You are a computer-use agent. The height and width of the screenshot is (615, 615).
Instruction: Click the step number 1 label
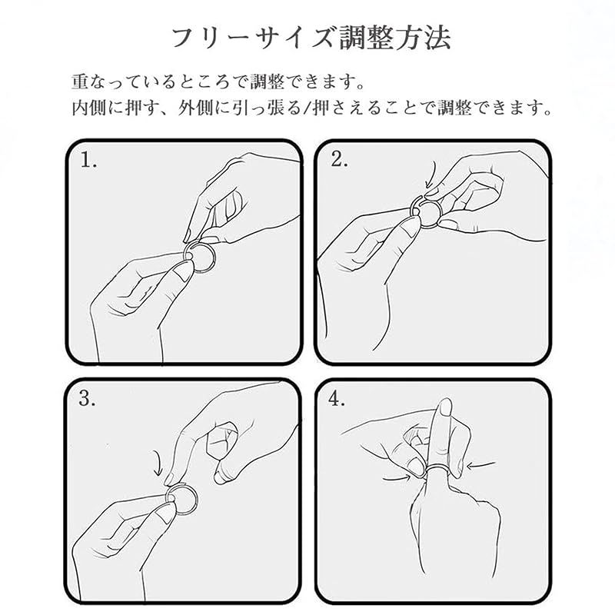coord(88,160)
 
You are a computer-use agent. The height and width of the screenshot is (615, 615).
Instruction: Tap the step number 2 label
coord(339,159)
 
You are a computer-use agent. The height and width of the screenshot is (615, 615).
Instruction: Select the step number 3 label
coord(87,398)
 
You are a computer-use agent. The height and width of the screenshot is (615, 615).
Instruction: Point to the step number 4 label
coord(337,398)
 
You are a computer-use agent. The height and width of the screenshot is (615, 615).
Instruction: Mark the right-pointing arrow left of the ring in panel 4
coord(396,478)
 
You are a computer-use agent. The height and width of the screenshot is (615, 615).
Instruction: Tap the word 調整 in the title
coord(367,38)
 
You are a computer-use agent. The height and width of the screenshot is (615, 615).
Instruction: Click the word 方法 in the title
coord(422,38)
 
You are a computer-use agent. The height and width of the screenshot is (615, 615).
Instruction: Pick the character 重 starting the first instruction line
coord(81,81)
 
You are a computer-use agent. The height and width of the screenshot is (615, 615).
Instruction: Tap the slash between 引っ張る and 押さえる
coord(307,108)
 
